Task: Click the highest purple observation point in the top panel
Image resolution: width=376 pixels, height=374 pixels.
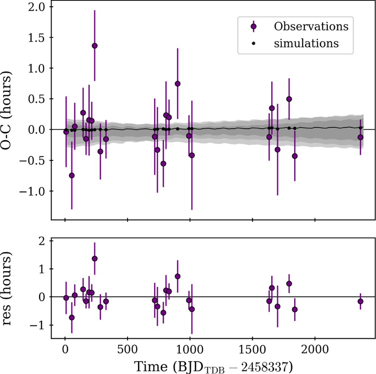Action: click(95, 46)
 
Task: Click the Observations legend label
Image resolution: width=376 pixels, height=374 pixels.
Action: click(311, 26)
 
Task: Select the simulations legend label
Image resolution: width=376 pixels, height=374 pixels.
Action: click(306, 43)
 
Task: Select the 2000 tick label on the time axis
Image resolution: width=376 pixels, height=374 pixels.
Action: click(315, 349)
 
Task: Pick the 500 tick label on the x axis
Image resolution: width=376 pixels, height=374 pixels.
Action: click(128, 349)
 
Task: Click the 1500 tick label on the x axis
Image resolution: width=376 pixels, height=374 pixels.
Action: click(252, 349)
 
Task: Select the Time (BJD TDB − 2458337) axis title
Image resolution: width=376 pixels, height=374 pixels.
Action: click(213, 366)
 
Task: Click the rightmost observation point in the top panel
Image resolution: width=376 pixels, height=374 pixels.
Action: click(360, 137)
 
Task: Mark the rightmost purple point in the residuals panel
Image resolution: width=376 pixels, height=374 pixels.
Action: click(360, 301)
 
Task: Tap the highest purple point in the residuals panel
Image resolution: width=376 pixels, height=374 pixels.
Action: click(95, 259)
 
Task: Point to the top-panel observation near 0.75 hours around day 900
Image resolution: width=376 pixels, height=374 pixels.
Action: click(177, 84)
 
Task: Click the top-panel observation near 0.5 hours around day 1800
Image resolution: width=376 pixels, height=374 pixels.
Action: click(289, 99)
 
